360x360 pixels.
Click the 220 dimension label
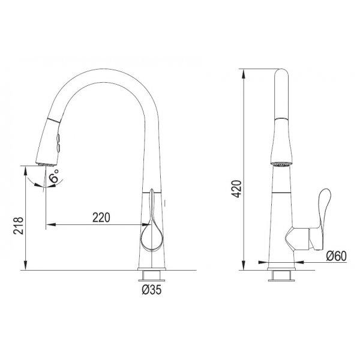(101, 217)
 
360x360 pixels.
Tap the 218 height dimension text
(19, 226)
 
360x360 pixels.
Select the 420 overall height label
(237, 189)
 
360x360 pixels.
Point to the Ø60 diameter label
(337, 256)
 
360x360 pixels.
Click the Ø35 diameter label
(152, 290)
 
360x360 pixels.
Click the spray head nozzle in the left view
(46, 164)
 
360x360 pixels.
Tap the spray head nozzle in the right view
(281, 164)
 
